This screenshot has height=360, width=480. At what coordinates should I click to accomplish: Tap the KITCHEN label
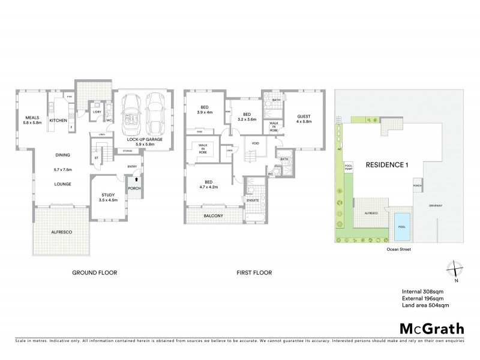(x=58, y=121)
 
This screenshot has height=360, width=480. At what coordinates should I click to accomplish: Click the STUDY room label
(x=107, y=194)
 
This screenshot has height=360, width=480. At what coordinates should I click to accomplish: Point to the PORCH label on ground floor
(x=135, y=191)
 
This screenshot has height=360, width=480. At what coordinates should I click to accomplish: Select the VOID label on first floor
(x=255, y=143)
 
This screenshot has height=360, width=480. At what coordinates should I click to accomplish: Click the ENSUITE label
(x=253, y=200)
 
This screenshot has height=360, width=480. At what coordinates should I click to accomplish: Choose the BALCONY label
(x=213, y=215)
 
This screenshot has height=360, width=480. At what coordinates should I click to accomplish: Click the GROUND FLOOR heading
(x=94, y=273)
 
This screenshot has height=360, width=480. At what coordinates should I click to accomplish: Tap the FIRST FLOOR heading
(x=254, y=273)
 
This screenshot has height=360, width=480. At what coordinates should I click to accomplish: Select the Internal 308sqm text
(x=423, y=292)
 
